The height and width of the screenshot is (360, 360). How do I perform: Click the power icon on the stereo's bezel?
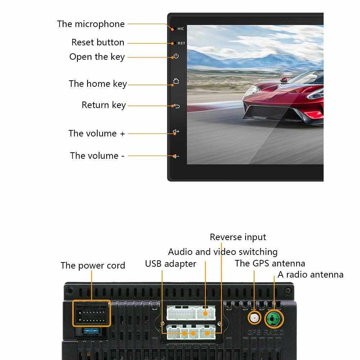(176, 56)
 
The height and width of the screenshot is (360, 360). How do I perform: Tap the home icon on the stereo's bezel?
(176, 81)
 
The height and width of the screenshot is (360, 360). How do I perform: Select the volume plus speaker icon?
(176, 131)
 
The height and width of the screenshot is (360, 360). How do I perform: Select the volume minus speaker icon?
(176, 156)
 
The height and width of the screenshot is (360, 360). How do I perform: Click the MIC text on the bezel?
(181, 29)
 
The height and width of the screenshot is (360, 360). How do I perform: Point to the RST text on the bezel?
(181, 43)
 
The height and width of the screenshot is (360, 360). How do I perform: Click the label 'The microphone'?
(91, 24)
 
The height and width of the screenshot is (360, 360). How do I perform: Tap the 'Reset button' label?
(98, 42)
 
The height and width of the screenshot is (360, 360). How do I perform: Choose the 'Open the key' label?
(97, 57)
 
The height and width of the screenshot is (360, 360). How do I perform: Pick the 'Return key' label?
(104, 105)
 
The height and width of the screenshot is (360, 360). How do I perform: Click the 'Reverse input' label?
(238, 237)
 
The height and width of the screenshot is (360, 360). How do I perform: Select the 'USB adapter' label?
(171, 264)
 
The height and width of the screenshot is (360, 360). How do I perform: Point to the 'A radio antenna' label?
(311, 275)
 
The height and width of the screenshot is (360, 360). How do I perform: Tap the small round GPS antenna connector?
(255, 318)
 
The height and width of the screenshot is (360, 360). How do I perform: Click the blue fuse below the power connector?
(91, 331)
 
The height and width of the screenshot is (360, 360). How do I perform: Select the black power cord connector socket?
(91, 314)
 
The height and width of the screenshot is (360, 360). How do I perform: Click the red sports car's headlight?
(252, 91)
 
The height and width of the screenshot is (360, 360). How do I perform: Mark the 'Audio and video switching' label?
(223, 252)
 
